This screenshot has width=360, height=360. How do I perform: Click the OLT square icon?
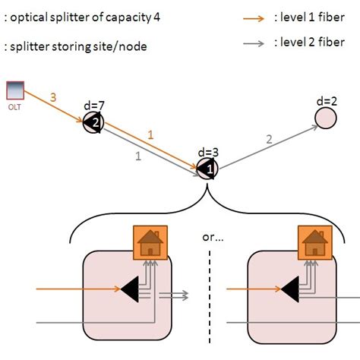15,90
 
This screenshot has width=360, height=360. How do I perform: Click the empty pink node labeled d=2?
326,118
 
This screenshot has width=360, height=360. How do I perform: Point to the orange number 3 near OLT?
52,96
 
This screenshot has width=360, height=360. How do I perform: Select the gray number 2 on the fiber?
268,139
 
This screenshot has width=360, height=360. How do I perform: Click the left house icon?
150,243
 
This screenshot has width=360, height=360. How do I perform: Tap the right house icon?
311,243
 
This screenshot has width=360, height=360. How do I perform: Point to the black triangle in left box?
131,289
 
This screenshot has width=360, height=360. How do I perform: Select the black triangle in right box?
289,289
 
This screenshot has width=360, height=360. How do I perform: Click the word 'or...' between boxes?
212,237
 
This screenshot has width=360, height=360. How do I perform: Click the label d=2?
327,101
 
